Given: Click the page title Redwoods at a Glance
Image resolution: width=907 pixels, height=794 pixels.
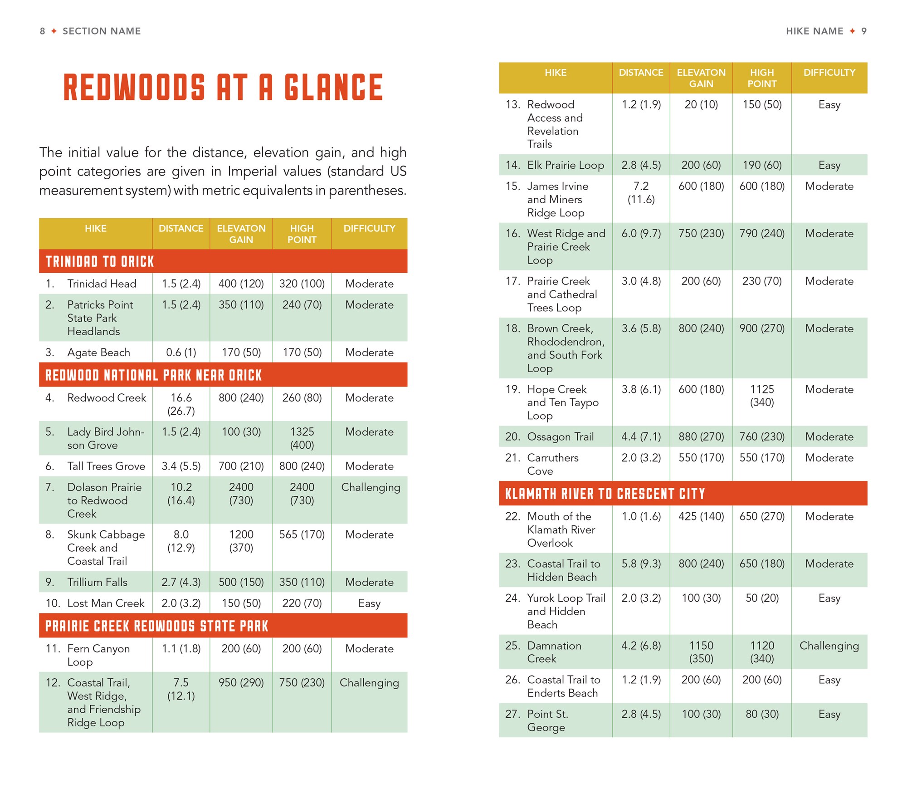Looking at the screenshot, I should [223, 87].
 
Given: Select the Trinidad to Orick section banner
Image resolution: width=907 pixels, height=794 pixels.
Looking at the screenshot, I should [100, 261].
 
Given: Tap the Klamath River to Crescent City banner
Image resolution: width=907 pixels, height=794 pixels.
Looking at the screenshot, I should [605, 494].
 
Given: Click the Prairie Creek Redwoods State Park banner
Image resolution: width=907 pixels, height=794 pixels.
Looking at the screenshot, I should [157, 626].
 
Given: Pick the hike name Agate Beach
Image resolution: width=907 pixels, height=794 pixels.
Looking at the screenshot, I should [98, 353].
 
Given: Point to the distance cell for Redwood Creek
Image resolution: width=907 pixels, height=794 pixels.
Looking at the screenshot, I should [181, 404].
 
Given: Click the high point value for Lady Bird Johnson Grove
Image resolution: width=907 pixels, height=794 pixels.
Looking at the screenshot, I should [302, 438].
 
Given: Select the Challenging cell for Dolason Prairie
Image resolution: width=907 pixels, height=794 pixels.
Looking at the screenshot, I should [371, 487].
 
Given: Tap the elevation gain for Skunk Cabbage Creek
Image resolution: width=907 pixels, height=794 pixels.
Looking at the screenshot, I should [241, 541].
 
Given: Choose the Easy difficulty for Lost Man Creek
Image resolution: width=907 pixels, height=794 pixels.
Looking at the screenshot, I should [369, 603].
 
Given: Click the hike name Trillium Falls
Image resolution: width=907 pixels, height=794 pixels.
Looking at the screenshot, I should [97, 582].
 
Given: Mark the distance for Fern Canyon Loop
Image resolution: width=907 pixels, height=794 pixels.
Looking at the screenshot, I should [181, 649].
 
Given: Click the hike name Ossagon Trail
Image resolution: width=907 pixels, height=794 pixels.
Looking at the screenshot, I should [560, 437].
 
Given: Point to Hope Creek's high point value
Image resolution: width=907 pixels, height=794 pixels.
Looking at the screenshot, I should [762, 396].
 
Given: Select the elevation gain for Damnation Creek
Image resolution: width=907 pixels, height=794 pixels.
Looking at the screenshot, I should [701, 652].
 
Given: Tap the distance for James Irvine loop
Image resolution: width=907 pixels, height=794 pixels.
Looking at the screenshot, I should [641, 193].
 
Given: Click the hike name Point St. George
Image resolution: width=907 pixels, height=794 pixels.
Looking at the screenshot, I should [547, 720].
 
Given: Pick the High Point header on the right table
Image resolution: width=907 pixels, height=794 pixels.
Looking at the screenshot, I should [762, 78].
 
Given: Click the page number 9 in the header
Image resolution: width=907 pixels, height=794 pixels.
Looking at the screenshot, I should [864, 31].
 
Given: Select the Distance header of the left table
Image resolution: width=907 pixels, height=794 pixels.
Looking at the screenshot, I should [181, 229].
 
